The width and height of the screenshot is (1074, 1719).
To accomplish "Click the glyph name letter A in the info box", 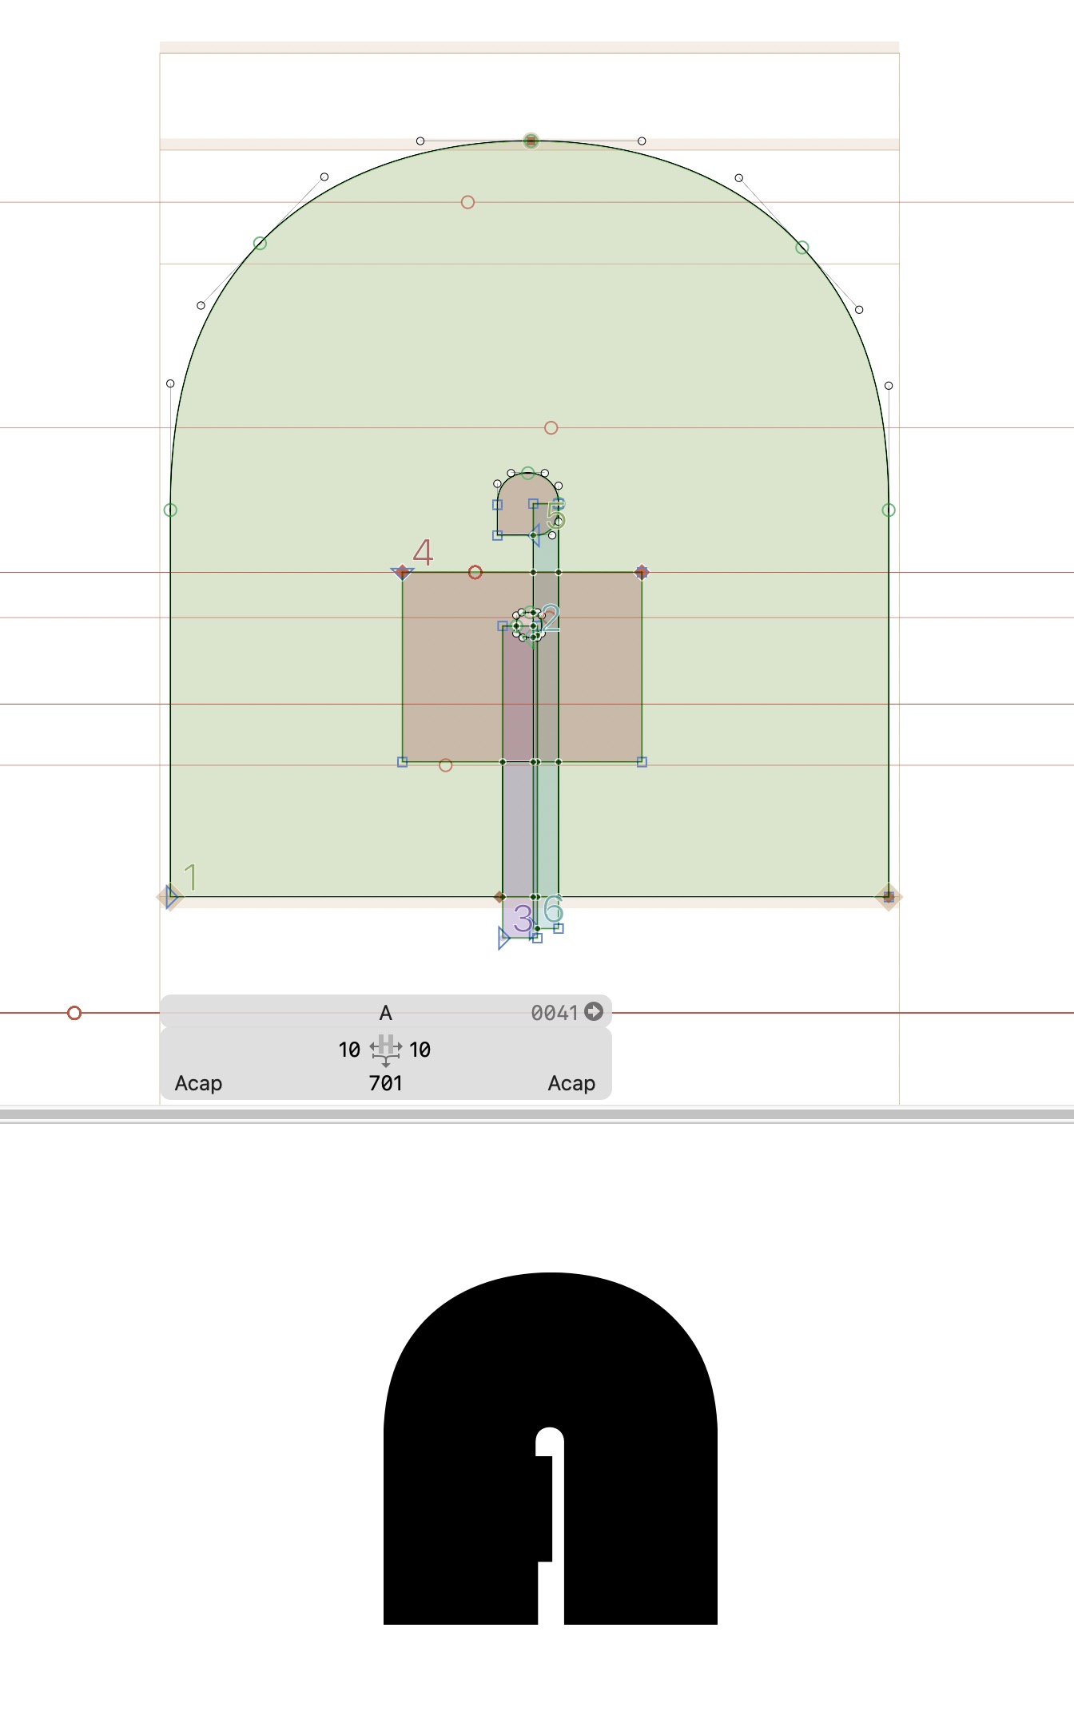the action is tap(385, 1013).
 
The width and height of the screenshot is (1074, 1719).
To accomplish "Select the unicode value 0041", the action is tap(555, 1013).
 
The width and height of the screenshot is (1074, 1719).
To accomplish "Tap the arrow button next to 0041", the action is tap(594, 1011).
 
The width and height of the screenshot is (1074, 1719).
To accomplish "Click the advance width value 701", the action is tap(385, 1083).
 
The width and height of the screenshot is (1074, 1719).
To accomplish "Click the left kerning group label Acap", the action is tap(198, 1083).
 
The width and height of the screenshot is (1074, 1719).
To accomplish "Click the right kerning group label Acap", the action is tap(571, 1083).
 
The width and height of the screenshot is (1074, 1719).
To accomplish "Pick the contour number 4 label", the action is tap(423, 552).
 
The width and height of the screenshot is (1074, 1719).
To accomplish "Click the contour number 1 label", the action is tap(191, 877).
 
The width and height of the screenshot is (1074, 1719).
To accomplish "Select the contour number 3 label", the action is tap(523, 919).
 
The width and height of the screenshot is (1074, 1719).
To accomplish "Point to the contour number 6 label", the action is tap(553, 909).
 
